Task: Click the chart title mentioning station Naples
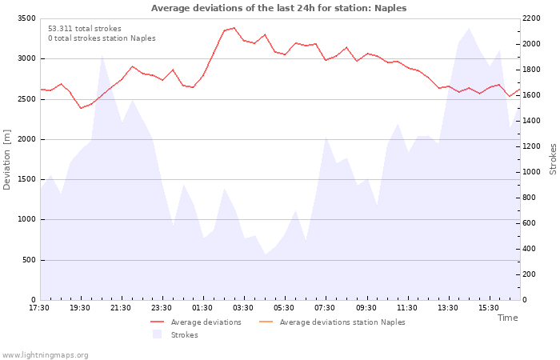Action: pyautogui.click(x=278, y=8)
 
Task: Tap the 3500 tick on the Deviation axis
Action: pyautogui.click(x=26, y=18)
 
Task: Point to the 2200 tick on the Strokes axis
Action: pyautogui.click(x=531, y=18)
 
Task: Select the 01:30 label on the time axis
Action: pyautogui.click(x=202, y=308)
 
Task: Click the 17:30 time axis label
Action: pyautogui.click(x=39, y=308)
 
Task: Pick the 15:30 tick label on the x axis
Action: pyautogui.click(x=489, y=308)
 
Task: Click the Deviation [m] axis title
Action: pyautogui.click(x=6, y=160)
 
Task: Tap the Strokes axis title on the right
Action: pyautogui.click(x=553, y=159)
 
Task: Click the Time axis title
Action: pyautogui.click(x=507, y=318)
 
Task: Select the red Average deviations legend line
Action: pyautogui.click(x=157, y=322)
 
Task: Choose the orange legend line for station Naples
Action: pyautogui.click(x=266, y=322)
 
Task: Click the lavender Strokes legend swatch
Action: pyautogui.click(x=157, y=334)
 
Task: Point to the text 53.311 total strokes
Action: pyautogui.click(x=85, y=29)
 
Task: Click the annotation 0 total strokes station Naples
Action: pyautogui.click(x=102, y=38)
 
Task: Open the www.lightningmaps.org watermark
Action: pyautogui.click(x=45, y=355)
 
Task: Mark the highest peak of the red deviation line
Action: pyautogui.click(x=234, y=27)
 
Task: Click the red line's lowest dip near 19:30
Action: pyautogui.click(x=81, y=108)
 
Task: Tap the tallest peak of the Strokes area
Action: pyautogui.click(x=469, y=28)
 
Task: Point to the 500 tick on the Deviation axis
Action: pyautogui.click(x=29, y=260)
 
